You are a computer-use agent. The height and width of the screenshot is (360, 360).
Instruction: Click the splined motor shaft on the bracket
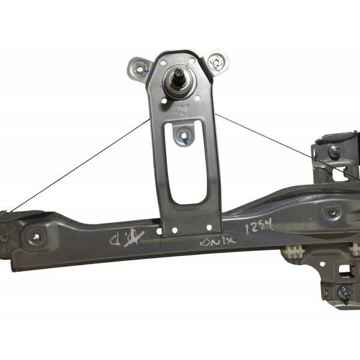point(179,77)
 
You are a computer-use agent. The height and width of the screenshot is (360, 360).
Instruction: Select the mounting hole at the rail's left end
point(40,236)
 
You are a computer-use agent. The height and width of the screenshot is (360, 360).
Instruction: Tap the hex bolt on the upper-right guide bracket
point(335,151)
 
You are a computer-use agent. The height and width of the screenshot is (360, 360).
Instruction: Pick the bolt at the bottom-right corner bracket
point(344,292)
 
